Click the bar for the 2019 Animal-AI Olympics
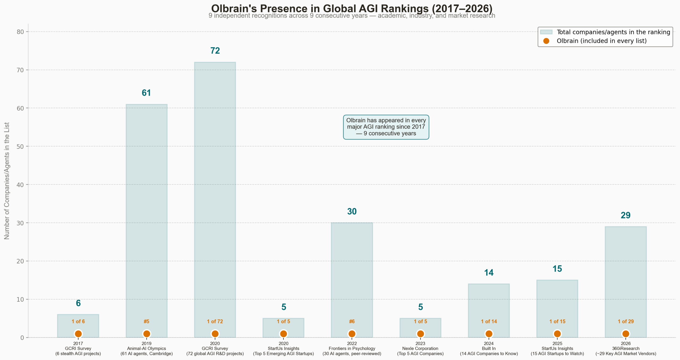point(146,213)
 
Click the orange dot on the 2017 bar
point(78,333)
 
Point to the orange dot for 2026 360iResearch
point(626,333)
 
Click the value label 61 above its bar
point(146,93)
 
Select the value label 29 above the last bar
point(626,215)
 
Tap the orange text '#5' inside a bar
point(146,321)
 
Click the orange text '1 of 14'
point(489,321)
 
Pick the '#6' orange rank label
point(352,321)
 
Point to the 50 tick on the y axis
point(20,146)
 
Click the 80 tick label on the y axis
point(20,32)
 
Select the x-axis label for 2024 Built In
point(489,348)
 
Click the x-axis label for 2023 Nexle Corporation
point(420,348)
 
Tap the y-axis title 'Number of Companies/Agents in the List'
point(7,181)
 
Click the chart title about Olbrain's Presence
point(352,9)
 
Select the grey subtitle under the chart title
point(352,16)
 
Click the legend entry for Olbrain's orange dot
point(601,41)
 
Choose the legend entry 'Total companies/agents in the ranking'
point(613,32)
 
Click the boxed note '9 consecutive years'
point(386,127)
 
